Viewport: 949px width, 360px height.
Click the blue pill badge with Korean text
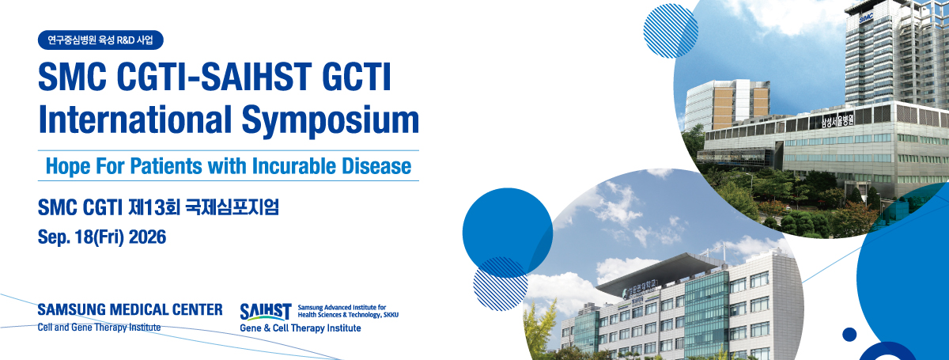pos(100,40)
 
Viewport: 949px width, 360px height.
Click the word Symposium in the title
pos(331,121)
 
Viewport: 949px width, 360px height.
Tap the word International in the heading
pos(135,119)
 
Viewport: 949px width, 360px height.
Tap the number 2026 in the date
pos(147,237)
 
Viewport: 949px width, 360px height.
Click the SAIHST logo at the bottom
pos(266,312)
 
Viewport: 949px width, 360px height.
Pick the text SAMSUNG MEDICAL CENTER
pos(130,309)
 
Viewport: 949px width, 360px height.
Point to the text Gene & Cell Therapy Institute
pos(301,328)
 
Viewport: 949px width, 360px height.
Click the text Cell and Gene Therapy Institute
pos(99,328)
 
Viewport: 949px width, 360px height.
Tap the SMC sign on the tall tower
pos(866,18)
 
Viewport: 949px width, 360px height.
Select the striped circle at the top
pos(671,31)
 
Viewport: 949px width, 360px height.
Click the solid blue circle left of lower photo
pos(508,233)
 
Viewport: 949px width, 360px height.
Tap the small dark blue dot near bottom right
pos(849,335)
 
